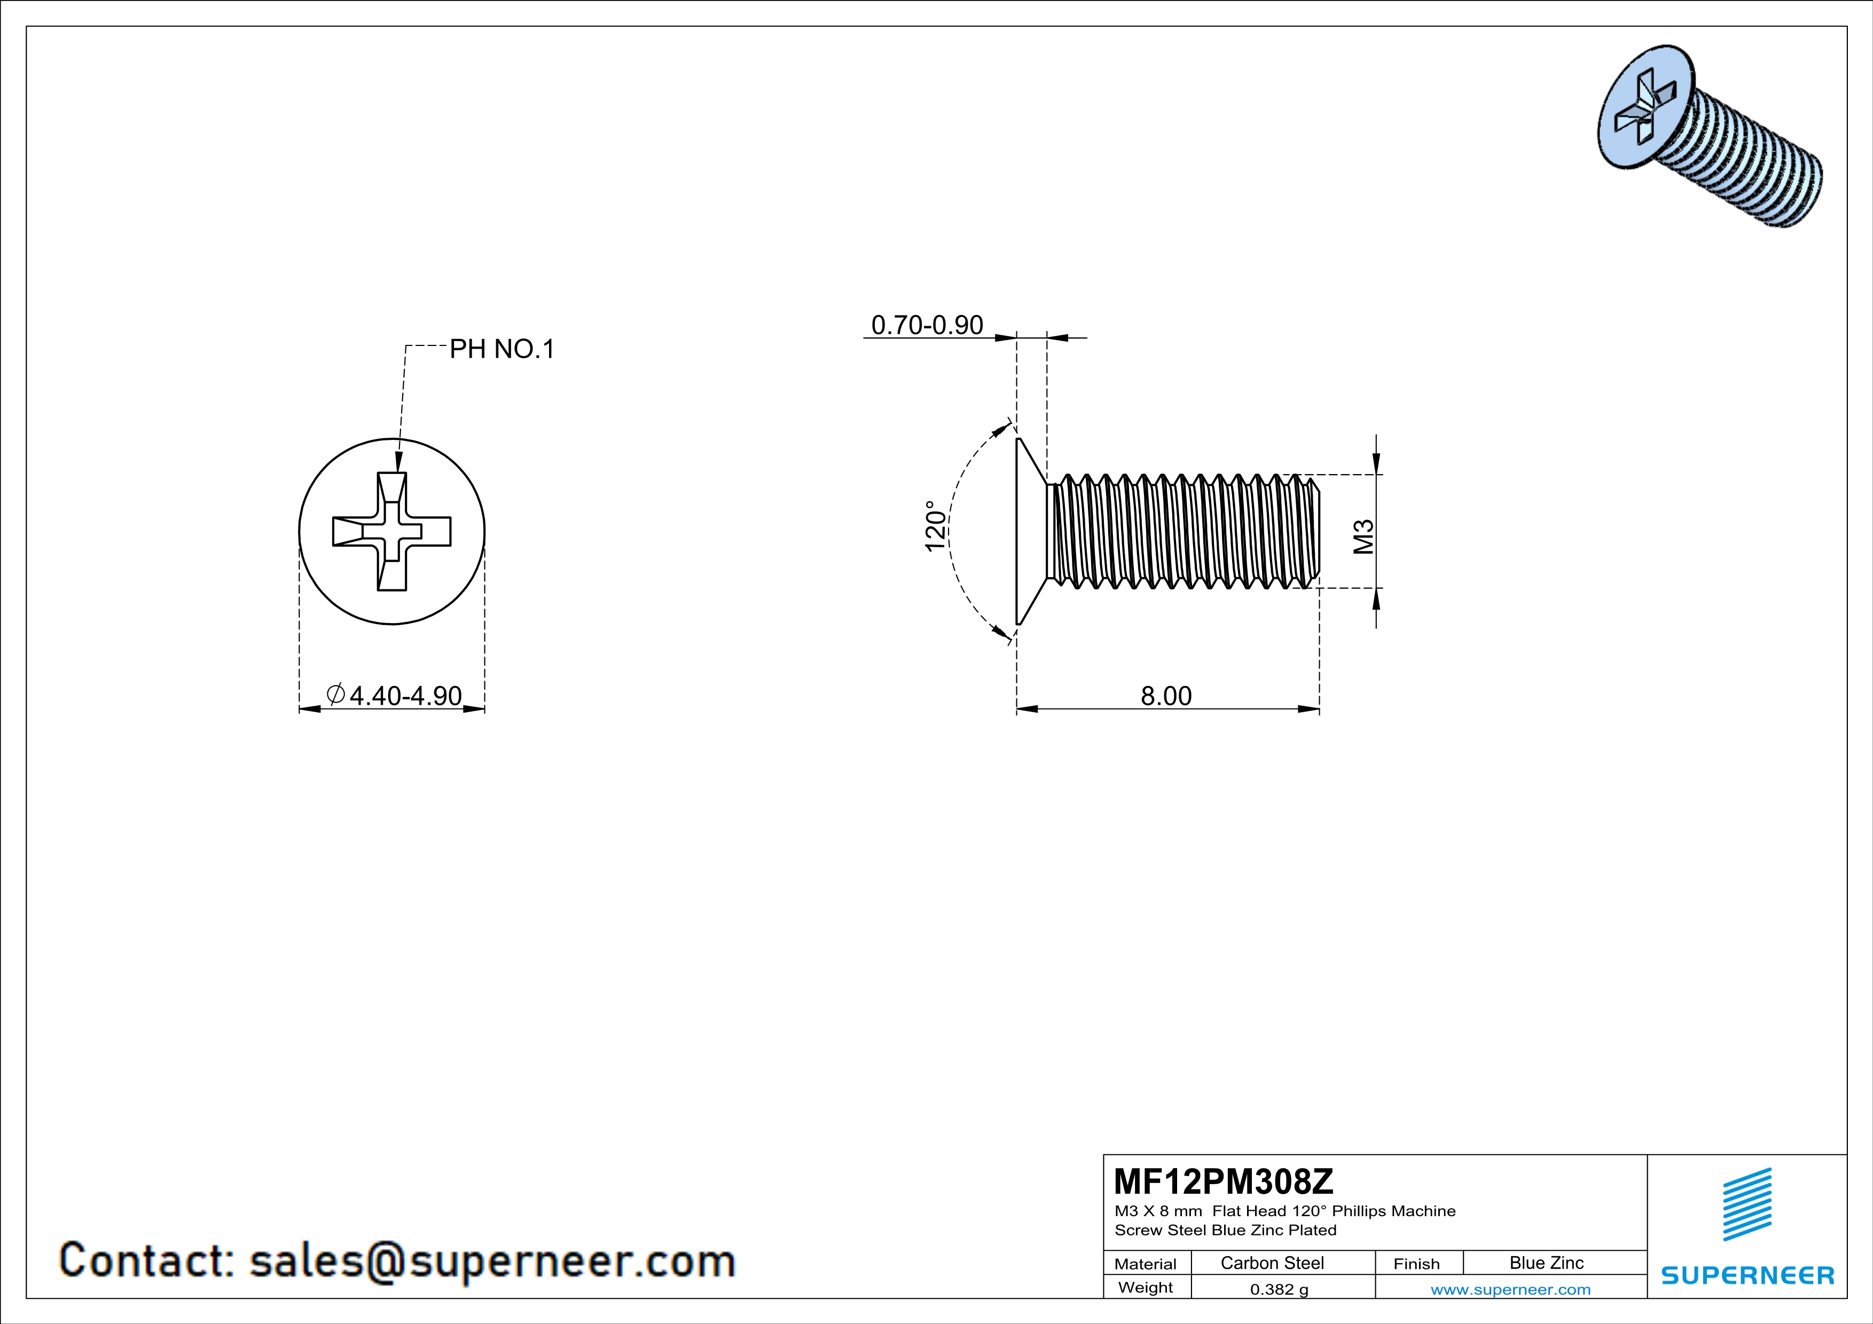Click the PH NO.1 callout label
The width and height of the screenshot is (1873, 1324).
coord(501,350)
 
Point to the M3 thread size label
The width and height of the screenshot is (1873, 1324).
coord(1364,537)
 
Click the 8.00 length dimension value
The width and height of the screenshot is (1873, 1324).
coord(1166,696)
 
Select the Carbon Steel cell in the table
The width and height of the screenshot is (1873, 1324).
coord(1272,1263)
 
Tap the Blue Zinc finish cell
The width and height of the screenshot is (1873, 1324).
coord(1546,1263)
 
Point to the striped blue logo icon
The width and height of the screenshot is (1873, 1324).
coord(1746,1204)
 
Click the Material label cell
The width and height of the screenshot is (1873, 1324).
coord(1146,1264)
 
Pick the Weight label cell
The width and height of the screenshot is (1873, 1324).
coord(1146,1287)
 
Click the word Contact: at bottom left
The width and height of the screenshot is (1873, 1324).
coord(147,1260)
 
